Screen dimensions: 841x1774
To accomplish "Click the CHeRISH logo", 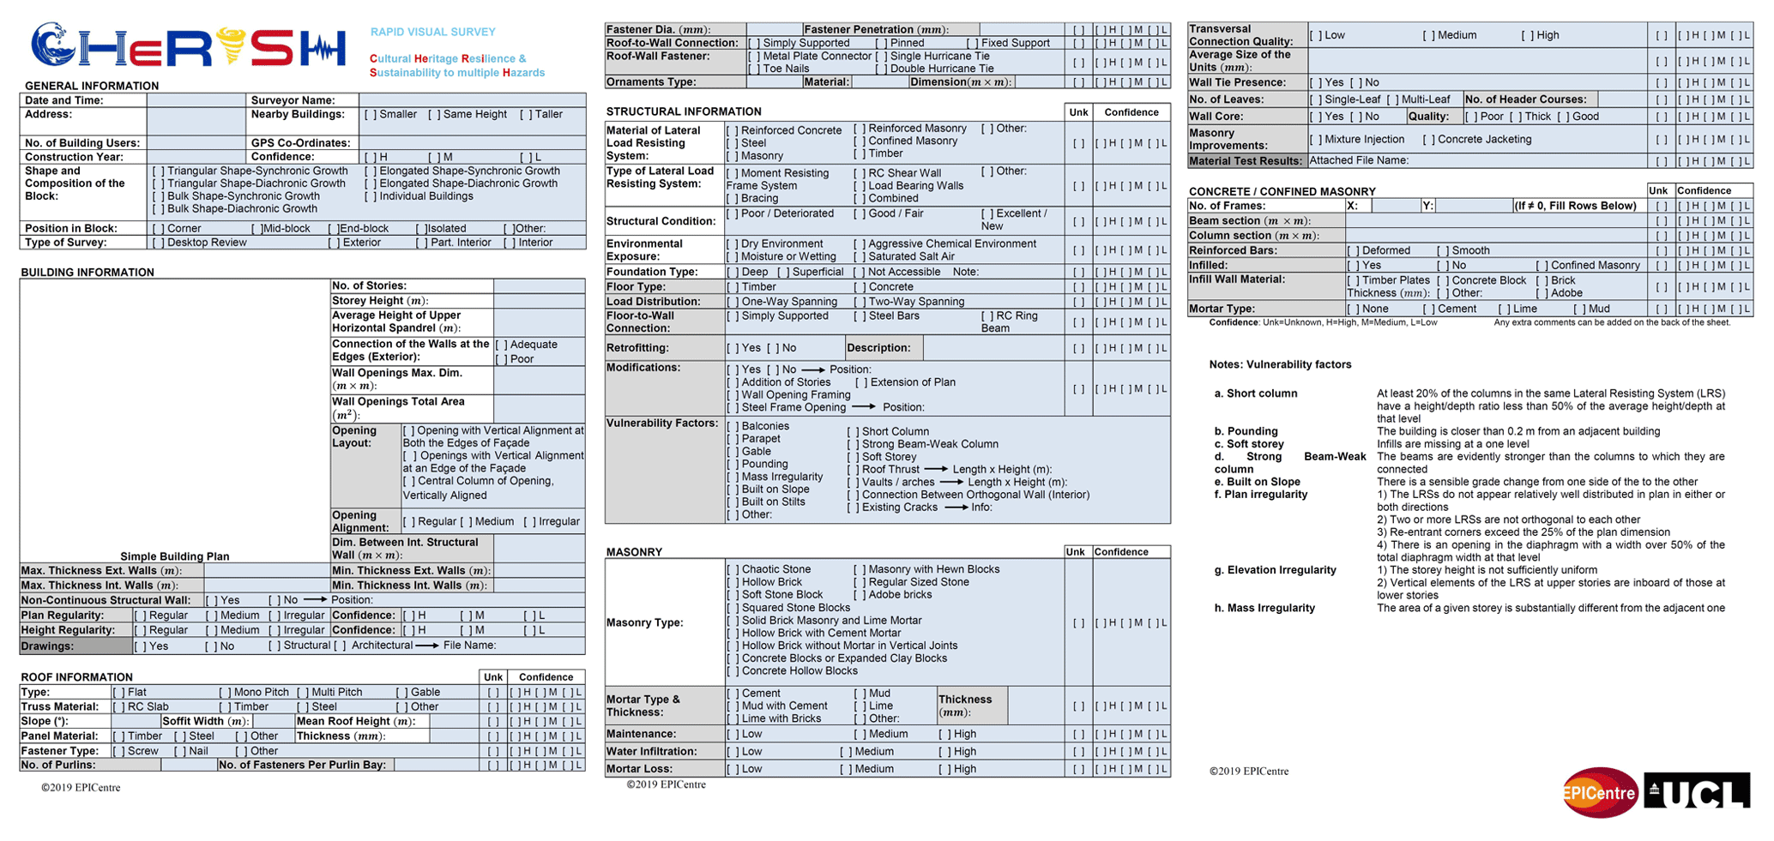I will pyautogui.click(x=189, y=47).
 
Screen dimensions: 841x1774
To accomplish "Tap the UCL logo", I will pyautogui.click(x=1696, y=792).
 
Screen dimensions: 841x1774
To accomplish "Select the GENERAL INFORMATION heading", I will pyautogui.click(x=92, y=86).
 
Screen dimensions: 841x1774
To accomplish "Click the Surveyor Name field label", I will pyautogui.click(x=293, y=100).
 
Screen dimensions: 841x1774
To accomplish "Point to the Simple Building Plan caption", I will pyautogui.click(x=174, y=556).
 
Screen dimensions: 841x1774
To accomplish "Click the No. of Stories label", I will pyautogui.click(x=369, y=285).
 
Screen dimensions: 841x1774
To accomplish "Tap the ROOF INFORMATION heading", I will pyautogui.click(x=76, y=677).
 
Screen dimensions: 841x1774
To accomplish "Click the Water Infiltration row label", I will pyautogui.click(x=651, y=752).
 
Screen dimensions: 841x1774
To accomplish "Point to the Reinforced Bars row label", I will pyautogui.click(x=1233, y=250).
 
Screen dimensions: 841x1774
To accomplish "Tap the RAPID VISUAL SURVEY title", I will pyautogui.click(x=432, y=33).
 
